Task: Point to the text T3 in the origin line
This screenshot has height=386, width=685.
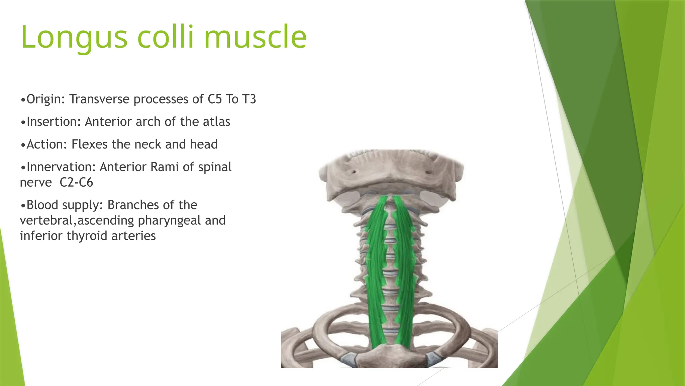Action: click(249, 99)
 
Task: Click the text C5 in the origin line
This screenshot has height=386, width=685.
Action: click(215, 99)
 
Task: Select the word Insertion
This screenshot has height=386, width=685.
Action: click(53, 122)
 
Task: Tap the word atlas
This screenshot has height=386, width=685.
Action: click(216, 122)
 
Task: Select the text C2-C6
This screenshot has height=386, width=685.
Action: click(76, 183)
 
